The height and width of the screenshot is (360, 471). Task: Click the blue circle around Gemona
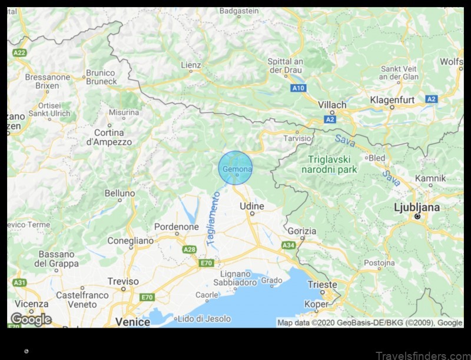coord(235,168)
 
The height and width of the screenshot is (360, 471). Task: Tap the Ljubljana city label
coord(417,208)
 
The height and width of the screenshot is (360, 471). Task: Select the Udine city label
coord(251,206)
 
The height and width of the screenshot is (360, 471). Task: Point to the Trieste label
coord(322,285)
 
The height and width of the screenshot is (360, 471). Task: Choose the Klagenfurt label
coord(392,100)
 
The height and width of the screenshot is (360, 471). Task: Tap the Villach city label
coord(332,105)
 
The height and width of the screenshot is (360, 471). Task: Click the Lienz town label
coord(191,65)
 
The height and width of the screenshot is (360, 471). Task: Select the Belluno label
coord(120,193)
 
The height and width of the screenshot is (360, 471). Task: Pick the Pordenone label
coord(176,226)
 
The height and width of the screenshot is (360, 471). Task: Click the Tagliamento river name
coord(213,218)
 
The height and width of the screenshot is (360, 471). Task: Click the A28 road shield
coord(190,249)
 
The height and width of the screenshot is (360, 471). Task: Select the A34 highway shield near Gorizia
coord(288,245)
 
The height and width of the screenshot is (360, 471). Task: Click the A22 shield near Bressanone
coord(20,52)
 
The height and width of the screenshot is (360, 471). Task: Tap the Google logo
coord(31,319)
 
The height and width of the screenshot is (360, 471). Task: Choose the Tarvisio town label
coord(298,138)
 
